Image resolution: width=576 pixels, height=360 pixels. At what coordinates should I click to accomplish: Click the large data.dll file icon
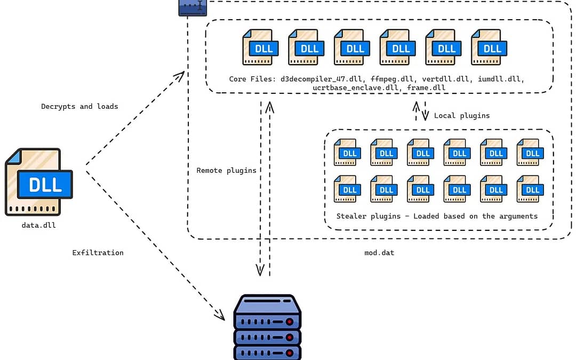click(38, 182)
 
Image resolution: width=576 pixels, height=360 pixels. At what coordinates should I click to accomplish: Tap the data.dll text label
click(38, 225)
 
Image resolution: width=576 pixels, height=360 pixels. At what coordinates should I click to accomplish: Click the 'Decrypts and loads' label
click(79, 107)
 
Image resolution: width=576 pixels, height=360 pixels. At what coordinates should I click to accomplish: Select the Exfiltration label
click(98, 253)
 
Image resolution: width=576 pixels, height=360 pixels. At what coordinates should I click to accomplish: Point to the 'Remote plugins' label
click(226, 171)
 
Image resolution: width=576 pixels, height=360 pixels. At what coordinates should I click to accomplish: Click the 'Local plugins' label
click(462, 116)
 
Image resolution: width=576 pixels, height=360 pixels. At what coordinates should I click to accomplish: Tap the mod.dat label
click(379, 253)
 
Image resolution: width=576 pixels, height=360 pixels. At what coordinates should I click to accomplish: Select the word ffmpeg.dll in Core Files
click(393, 79)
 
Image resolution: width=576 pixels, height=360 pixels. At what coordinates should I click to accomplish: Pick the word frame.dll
click(426, 88)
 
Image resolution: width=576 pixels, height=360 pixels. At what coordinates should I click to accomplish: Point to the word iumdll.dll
click(501, 79)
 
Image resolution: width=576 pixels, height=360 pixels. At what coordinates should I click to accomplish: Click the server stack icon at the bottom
click(267, 327)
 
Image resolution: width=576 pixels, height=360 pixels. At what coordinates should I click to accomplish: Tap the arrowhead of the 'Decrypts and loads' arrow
click(180, 76)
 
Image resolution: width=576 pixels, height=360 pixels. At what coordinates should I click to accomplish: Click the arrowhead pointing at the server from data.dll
click(220, 315)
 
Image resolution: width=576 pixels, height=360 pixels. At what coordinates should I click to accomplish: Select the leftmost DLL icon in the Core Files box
click(260, 47)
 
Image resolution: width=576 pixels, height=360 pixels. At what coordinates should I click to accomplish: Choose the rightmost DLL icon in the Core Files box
click(489, 47)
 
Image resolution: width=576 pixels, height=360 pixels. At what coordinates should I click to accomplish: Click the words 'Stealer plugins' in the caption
click(369, 217)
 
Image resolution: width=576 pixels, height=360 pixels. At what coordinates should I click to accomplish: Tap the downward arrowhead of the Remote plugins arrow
click(260, 270)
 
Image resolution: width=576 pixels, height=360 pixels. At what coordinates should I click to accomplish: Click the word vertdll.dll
click(445, 79)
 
